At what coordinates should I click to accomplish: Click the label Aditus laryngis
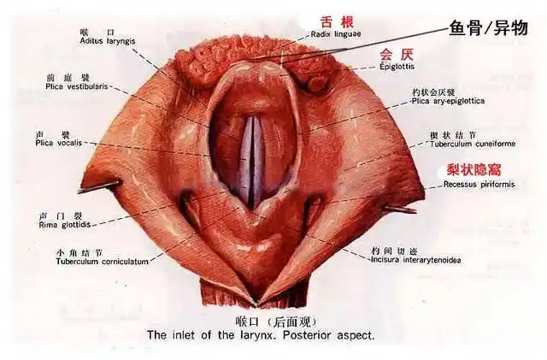[104, 40]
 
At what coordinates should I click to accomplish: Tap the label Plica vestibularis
[79, 86]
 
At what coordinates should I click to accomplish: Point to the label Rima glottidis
[64, 225]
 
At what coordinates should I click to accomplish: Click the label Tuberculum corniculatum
[91, 262]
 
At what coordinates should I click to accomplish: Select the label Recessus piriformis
[467, 184]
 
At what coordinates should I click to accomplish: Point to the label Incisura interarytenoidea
[415, 259]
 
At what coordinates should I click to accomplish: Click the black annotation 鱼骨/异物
[488, 27]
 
